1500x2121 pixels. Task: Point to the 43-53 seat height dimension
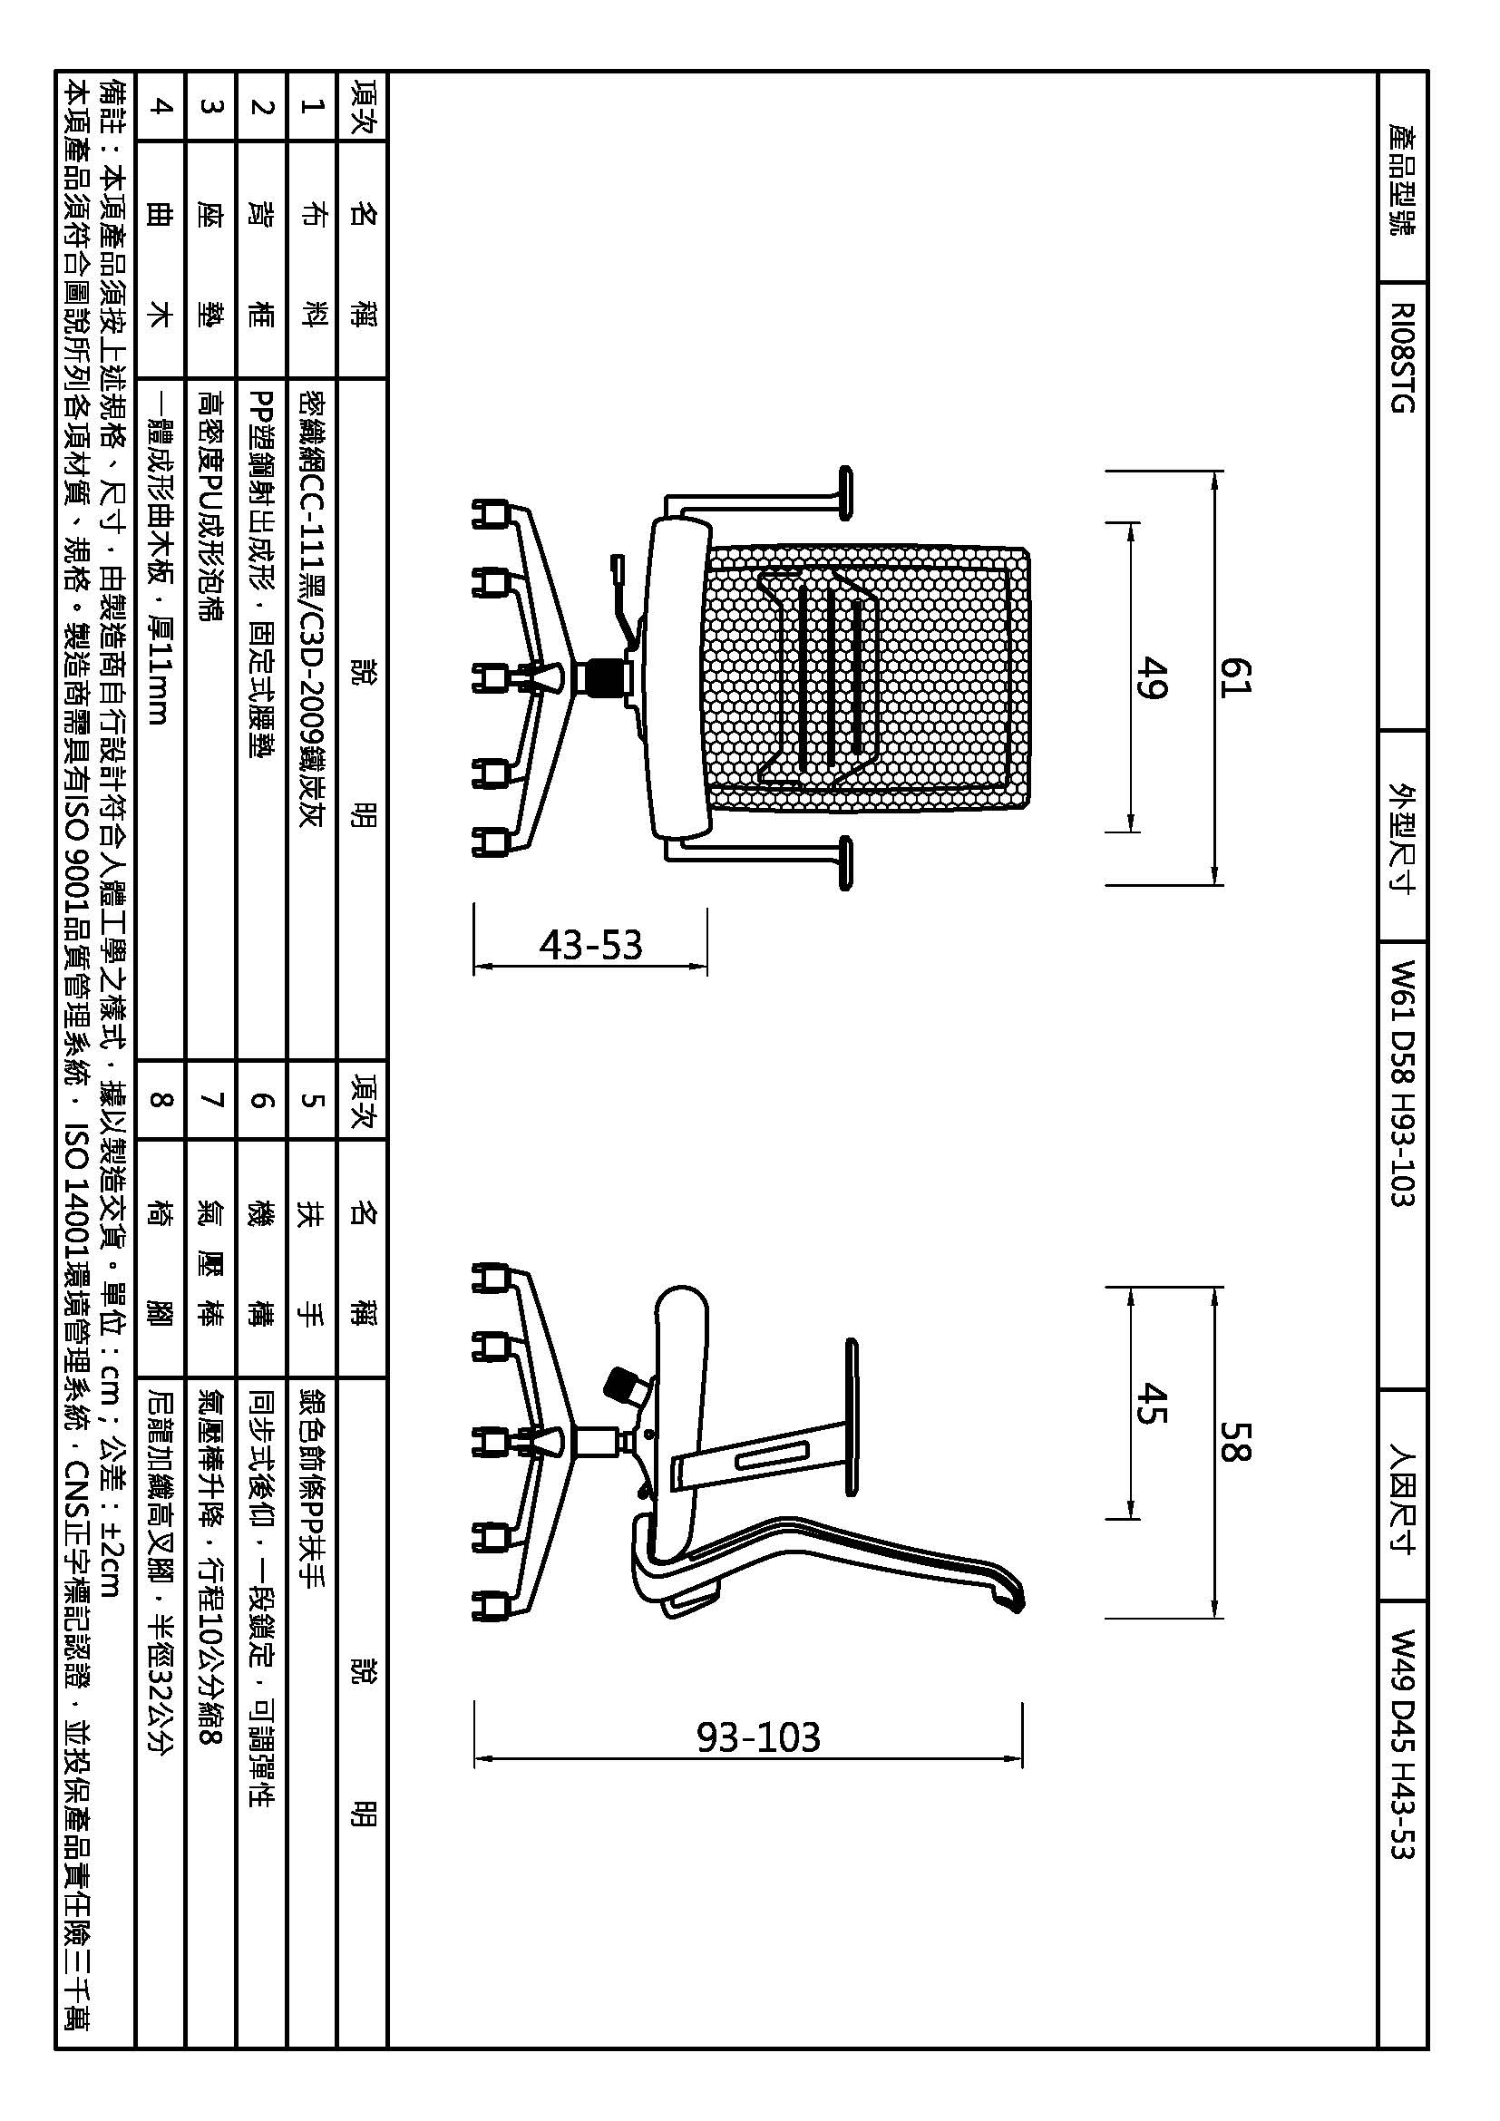[x=590, y=945]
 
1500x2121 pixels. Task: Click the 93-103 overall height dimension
[x=757, y=1737]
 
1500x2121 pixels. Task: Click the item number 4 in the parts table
[x=161, y=105]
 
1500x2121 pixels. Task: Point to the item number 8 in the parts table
[x=161, y=1099]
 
